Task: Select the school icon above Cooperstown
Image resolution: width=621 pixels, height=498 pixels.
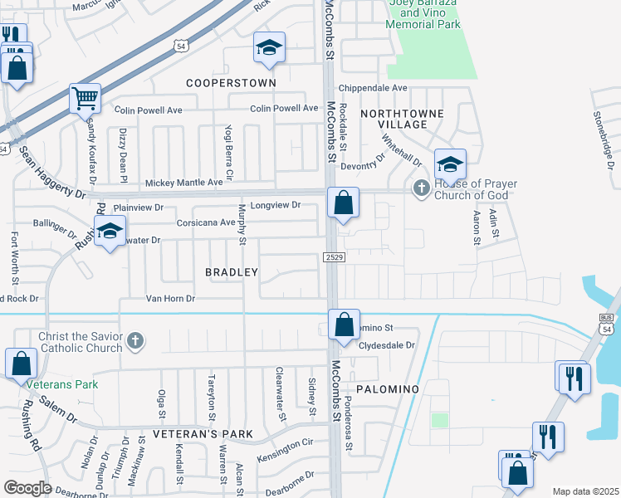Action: pos(269,49)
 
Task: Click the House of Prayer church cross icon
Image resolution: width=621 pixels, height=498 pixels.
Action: pos(421,188)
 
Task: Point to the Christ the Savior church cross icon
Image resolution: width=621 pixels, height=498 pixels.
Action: pos(135,340)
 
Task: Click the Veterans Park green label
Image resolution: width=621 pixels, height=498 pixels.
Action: pos(61,384)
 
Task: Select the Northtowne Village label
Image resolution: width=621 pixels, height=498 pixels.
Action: pos(403,119)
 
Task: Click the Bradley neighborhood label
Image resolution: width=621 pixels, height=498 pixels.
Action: pos(232,272)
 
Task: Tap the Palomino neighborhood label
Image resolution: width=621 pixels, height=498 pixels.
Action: pos(383,388)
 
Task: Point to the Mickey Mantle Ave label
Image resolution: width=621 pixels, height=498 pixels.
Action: pos(184,183)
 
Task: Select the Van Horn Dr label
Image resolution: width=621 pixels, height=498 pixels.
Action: pos(170,299)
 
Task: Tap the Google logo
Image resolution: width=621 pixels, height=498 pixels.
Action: pos(27,488)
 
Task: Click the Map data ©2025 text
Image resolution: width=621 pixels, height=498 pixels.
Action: pos(584,491)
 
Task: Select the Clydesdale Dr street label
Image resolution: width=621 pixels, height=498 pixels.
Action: pos(386,345)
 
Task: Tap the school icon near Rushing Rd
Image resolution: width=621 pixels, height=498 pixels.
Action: pos(109,232)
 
